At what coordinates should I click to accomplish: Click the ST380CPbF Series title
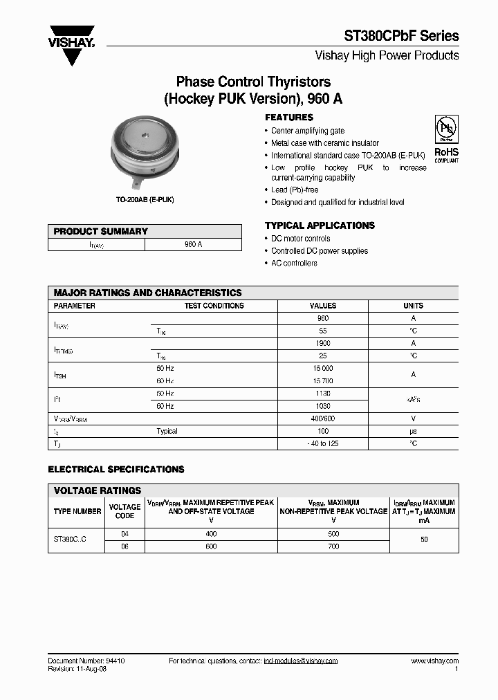(x=402, y=36)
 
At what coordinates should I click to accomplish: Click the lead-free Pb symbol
(x=445, y=130)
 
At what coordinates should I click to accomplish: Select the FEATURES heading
(x=289, y=118)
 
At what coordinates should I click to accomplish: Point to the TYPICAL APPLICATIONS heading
(x=320, y=225)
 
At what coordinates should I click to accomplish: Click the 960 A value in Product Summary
(x=194, y=245)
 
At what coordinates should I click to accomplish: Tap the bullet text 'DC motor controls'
(x=300, y=239)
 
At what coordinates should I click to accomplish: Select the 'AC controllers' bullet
(x=294, y=264)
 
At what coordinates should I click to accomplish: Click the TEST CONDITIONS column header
(x=214, y=306)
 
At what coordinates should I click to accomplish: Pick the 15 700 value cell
(x=322, y=381)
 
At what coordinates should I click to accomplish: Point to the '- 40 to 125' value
(x=322, y=443)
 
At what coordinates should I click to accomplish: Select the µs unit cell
(x=413, y=431)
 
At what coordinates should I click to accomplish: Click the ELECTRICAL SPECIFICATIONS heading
(x=116, y=470)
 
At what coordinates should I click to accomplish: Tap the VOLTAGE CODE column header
(x=124, y=511)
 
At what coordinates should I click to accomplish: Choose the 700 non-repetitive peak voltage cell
(x=333, y=546)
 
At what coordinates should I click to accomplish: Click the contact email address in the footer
(x=301, y=661)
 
